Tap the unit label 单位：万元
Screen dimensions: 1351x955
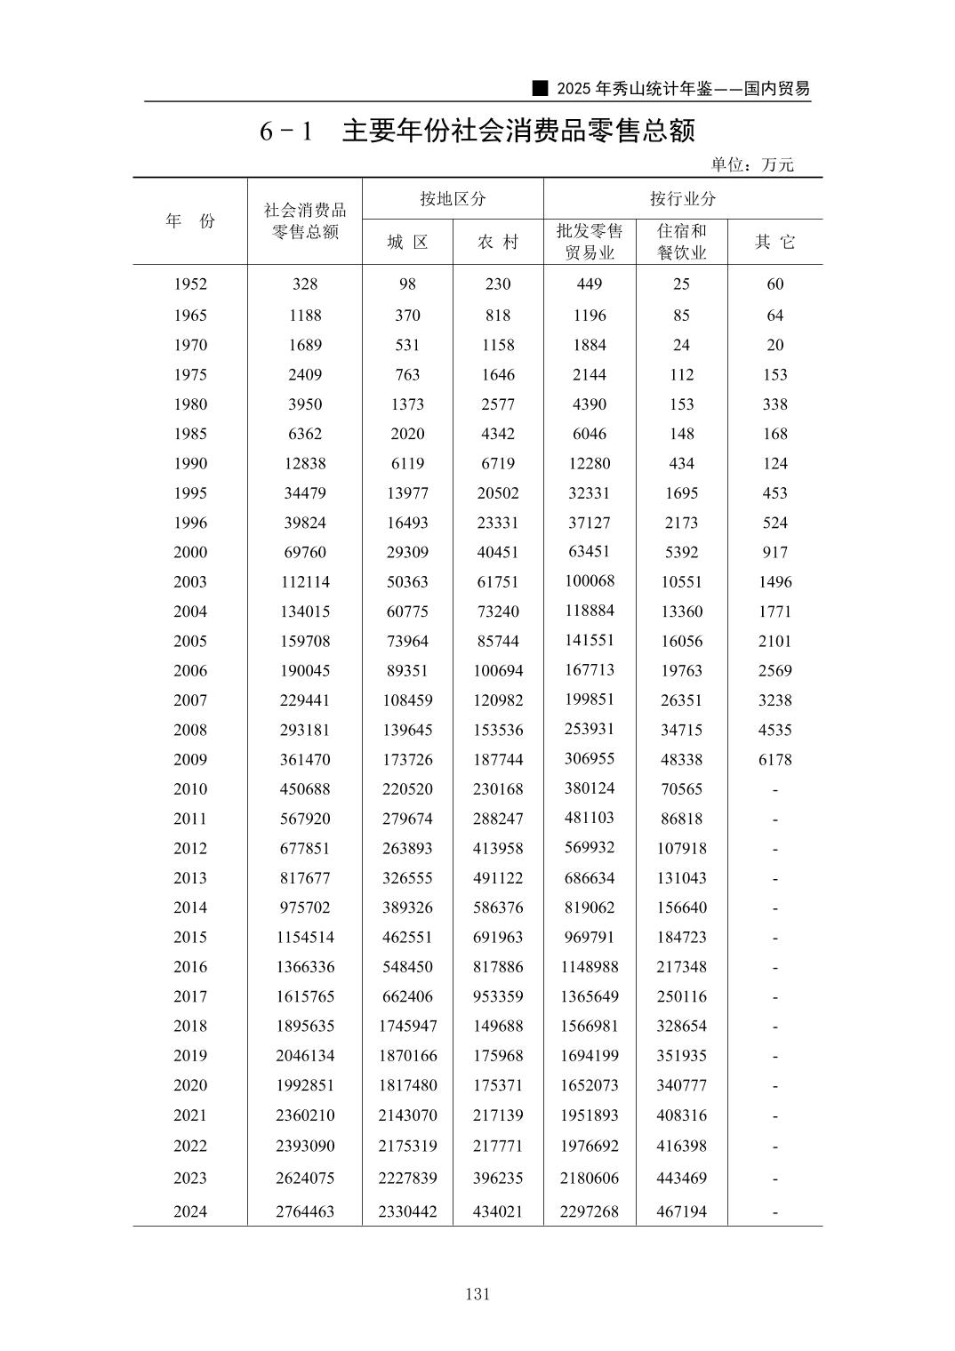751,164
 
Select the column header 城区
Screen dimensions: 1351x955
407,242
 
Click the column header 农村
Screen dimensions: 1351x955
498,242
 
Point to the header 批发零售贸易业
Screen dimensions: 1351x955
590,242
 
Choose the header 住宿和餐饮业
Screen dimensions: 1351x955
681,242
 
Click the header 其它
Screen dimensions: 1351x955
774,242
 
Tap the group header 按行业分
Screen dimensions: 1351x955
682,198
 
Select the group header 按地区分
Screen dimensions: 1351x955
453,198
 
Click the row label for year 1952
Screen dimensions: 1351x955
190,284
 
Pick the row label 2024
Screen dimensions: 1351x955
190,1211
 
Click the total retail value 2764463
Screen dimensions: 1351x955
305,1211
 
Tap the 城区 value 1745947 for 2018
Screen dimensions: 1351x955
407,1026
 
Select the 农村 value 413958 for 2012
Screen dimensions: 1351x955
498,848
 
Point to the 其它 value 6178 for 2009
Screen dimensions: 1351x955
774,760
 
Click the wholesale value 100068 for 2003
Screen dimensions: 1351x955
590,581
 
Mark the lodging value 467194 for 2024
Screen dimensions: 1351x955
681,1211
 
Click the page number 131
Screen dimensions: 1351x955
477,1294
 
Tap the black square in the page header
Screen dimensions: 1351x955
538,89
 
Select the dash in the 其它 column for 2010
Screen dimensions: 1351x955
774,790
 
